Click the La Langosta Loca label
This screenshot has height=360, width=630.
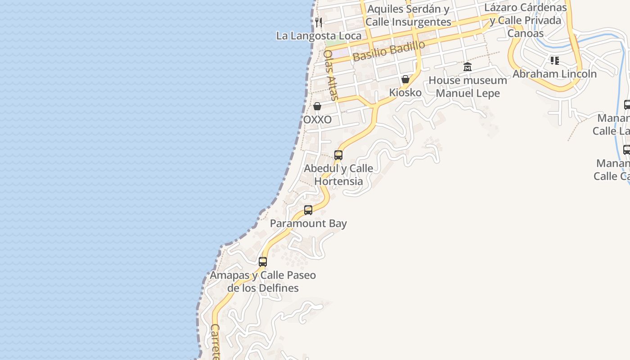pyautogui.click(x=319, y=36)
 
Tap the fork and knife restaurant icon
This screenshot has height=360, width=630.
pyautogui.click(x=319, y=22)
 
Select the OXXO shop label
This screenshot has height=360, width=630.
pyautogui.click(x=318, y=120)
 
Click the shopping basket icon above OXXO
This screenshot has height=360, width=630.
pyautogui.click(x=317, y=107)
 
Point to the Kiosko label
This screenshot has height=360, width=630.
pyautogui.click(x=405, y=93)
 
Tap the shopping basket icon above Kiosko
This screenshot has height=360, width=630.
pyautogui.click(x=405, y=80)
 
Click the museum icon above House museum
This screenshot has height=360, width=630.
pyautogui.click(x=468, y=67)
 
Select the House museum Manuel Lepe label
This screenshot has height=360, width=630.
pyautogui.click(x=468, y=87)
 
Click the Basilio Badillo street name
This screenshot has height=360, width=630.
pyautogui.click(x=389, y=51)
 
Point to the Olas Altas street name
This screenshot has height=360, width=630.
pyautogui.click(x=330, y=75)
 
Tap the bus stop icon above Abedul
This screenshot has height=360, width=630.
pyautogui.click(x=338, y=155)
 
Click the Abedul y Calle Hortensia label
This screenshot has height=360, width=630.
pyautogui.click(x=338, y=175)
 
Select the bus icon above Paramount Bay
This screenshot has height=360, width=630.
pyautogui.click(x=308, y=210)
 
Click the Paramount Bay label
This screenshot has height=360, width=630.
pyautogui.click(x=308, y=224)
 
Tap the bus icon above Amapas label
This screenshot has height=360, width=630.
pyautogui.click(x=263, y=261)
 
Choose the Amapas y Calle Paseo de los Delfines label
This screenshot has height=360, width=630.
pyautogui.click(x=263, y=281)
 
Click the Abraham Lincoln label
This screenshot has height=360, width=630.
pyautogui.click(x=554, y=74)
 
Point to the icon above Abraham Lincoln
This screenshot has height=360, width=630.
pyautogui.click(x=554, y=61)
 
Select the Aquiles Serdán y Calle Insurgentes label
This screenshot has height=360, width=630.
pyautogui.click(x=408, y=15)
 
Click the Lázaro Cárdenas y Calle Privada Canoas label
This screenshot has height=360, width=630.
pyautogui.click(x=526, y=20)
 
